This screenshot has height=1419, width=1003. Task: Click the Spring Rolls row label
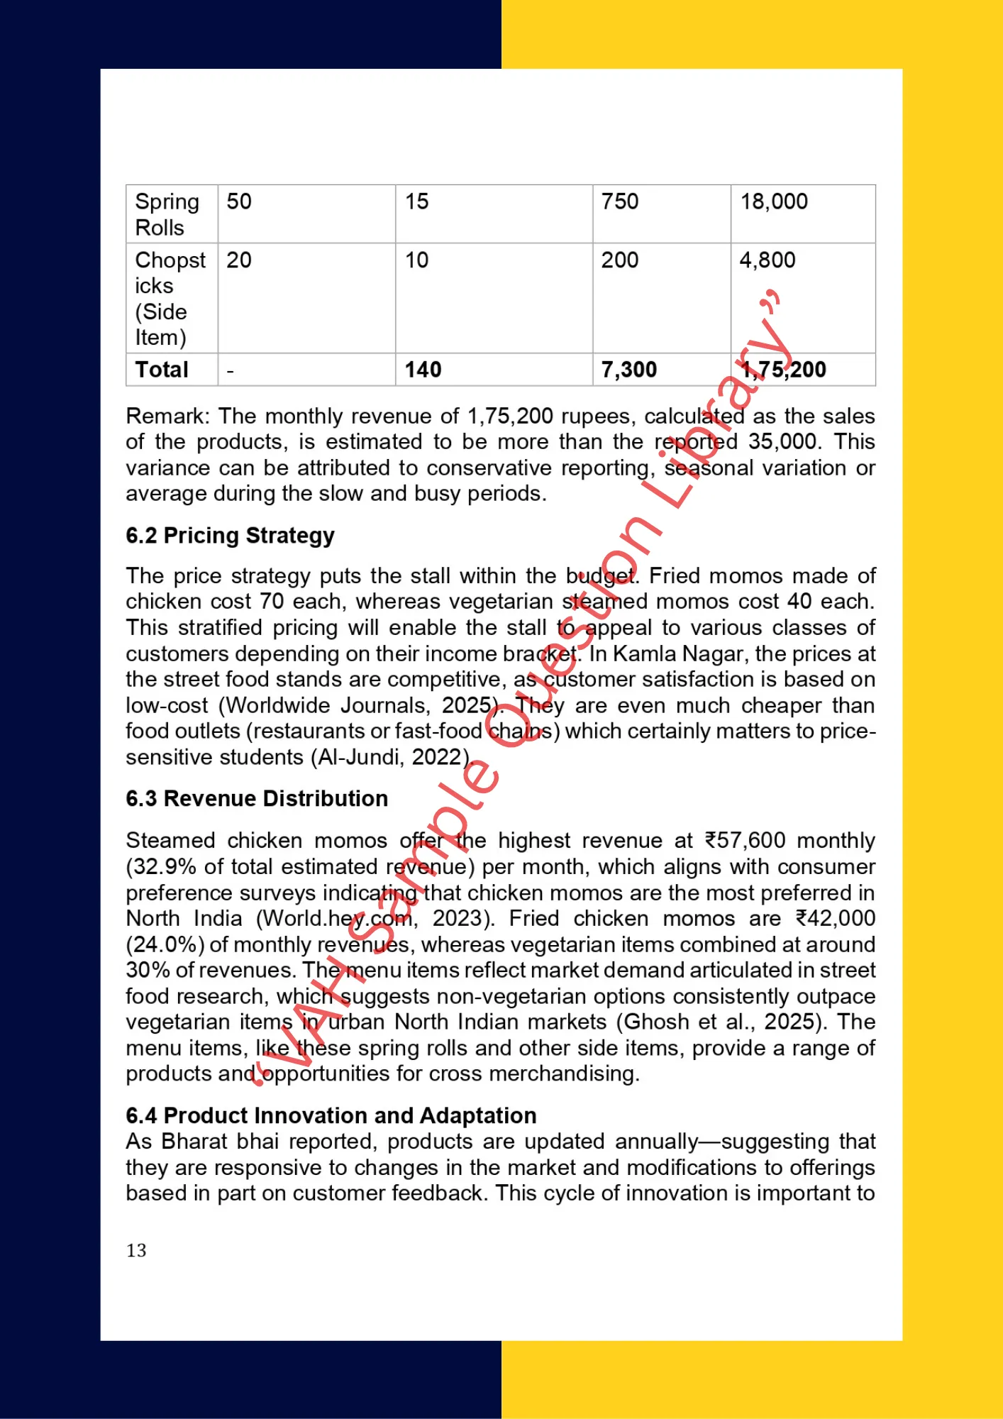[x=167, y=214]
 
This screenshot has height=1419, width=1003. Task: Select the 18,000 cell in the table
[x=774, y=202]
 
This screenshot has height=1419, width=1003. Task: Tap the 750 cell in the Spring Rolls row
[x=619, y=202]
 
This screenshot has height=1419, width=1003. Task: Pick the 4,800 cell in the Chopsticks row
[x=767, y=260]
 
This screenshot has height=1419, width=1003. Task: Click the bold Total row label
[x=162, y=370]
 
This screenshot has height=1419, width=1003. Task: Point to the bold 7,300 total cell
[x=628, y=370]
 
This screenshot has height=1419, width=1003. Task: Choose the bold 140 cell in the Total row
[x=423, y=370]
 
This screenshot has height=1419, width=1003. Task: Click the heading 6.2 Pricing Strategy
[x=230, y=536]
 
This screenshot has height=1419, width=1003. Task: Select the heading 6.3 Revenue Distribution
[x=257, y=799]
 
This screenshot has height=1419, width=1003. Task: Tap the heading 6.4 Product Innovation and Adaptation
[x=331, y=1116]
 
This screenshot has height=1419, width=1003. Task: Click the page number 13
[x=136, y=1250]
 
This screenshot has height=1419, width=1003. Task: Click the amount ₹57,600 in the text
[x=745, y=841]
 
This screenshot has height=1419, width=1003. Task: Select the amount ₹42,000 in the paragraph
[x=835, y=919]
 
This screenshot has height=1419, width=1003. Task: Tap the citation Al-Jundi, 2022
[x=389, y=758]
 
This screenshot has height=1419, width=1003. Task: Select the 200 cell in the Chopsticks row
[x=619, y=260]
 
